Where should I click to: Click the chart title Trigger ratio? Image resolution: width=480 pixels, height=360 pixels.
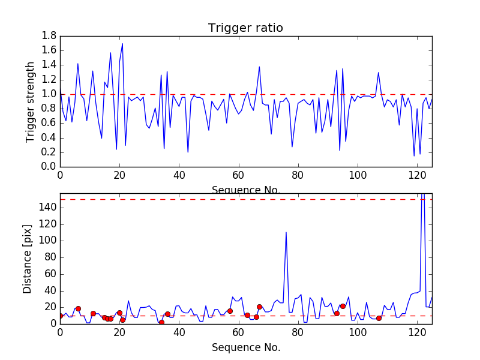[x=245, y=28]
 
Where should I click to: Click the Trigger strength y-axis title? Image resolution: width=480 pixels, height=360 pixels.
[x=31, y=101]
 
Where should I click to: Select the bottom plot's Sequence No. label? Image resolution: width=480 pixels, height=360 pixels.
[x=245, y=347]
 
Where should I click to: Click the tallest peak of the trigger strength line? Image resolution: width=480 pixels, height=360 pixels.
[x=122, y=43]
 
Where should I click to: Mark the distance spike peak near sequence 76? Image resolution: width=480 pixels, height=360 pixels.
[x=286, y=232]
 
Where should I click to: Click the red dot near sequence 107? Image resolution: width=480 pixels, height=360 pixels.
[x=379, y=318]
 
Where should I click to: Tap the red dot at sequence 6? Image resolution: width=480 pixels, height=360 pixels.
[x=78, y=308]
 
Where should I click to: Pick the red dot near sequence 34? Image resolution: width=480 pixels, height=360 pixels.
[x=161, y=322]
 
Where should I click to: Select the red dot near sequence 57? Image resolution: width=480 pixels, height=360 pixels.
[x=230, y=311]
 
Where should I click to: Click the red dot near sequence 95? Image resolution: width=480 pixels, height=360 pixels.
[x=343, y=306]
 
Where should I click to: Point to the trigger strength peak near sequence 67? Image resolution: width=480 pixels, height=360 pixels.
[x=259, y=67]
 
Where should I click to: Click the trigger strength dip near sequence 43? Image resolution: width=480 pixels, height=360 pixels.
[x=188, y=152]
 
